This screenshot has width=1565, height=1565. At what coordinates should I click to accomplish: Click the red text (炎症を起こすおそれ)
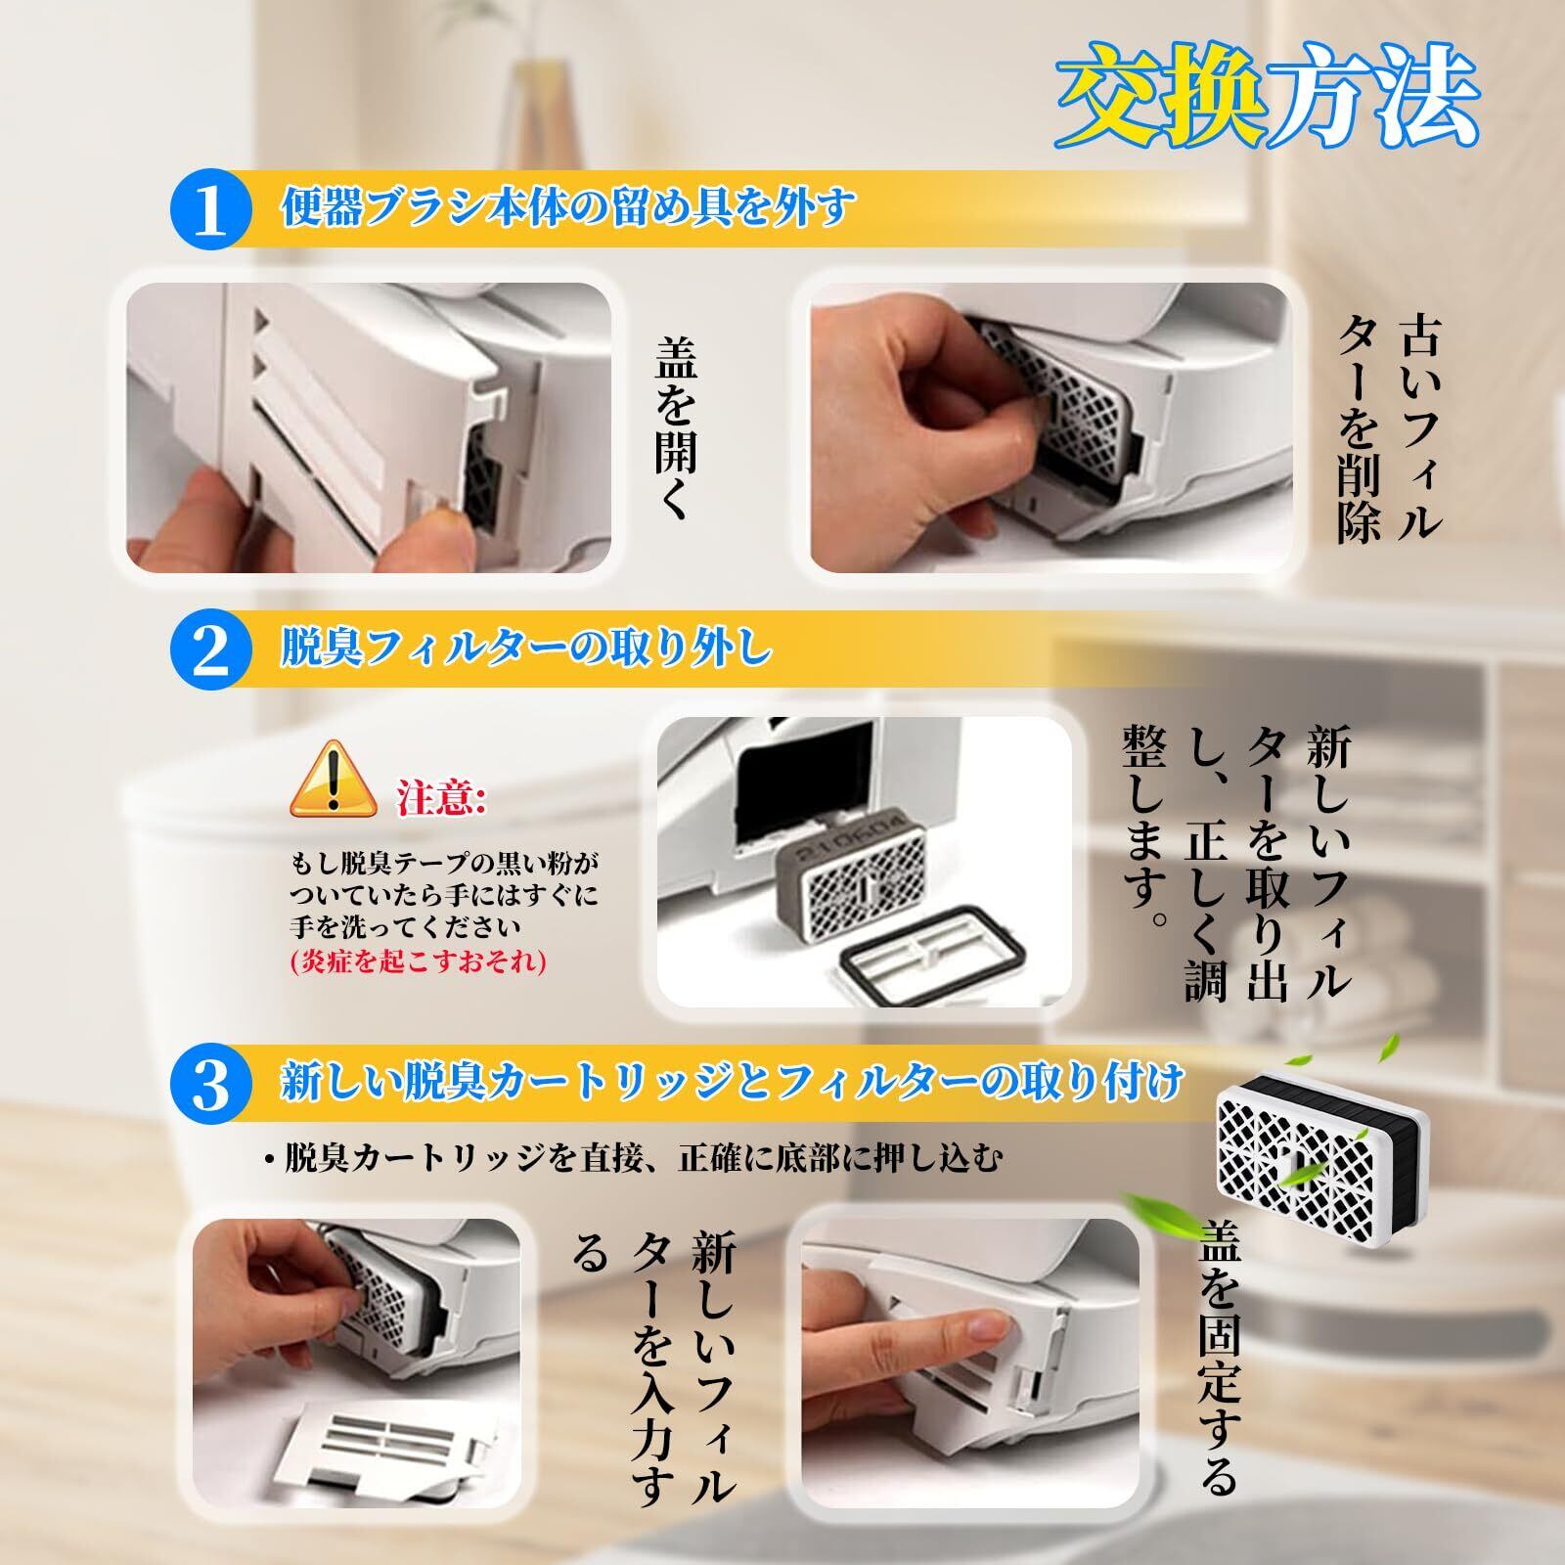(418, 962)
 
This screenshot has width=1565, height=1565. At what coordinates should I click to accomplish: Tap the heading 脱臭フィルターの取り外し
(525, 648)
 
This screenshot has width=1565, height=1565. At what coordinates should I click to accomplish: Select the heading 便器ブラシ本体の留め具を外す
(568, 208)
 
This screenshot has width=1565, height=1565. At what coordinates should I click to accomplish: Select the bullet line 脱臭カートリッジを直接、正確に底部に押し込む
(634, 1158)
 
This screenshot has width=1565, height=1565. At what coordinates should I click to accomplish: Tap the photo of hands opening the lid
(370, 428)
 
